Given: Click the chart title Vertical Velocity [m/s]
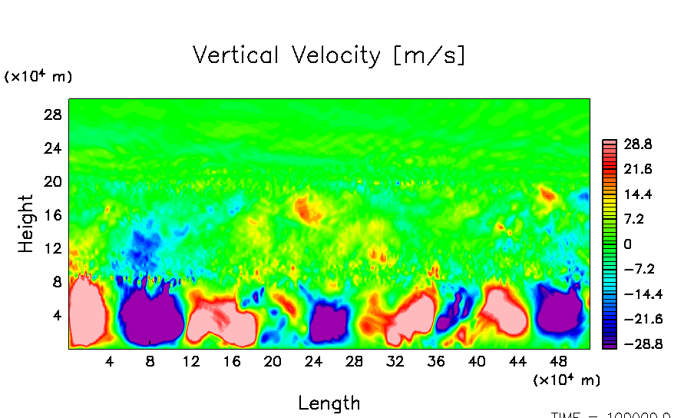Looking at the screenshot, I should pyautogui.click(x=329, y=55).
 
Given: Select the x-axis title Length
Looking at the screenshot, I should pyautogui.click(x=329, y=403).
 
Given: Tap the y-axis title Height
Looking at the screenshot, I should pyautogui.click(x=27, y=224).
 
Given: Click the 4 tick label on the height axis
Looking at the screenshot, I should pyautogui.click(x=55, y=316).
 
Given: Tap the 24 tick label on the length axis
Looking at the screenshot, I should pyautogui.click(x=313, y=361).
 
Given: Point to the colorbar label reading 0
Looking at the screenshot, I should pyautogui.click(x=628, y=244).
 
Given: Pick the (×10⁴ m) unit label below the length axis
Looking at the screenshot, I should pyautogui.click(x=567, y=380).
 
